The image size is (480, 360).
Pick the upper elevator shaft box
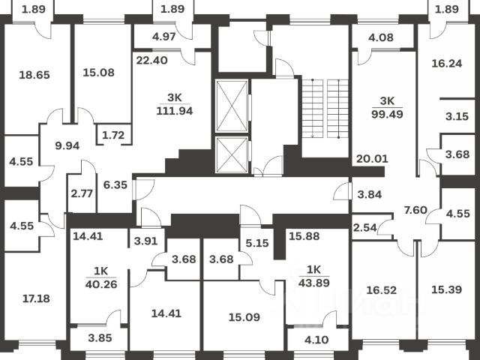coord(231,105)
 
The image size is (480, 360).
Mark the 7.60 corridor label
coord(415,210)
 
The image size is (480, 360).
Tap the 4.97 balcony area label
coord(163,36)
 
